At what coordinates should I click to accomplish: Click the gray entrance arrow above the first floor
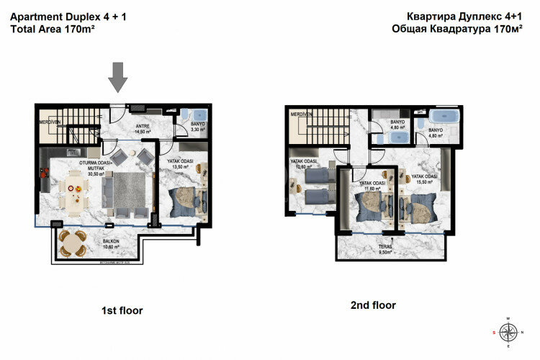tap(120, 77)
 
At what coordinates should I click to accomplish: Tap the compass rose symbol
tap(508, 332)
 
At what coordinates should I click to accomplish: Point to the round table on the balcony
tap(72, 246)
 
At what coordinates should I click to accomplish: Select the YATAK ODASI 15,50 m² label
tap(425, 177)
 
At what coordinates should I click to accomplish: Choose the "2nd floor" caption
tap(372, 305)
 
